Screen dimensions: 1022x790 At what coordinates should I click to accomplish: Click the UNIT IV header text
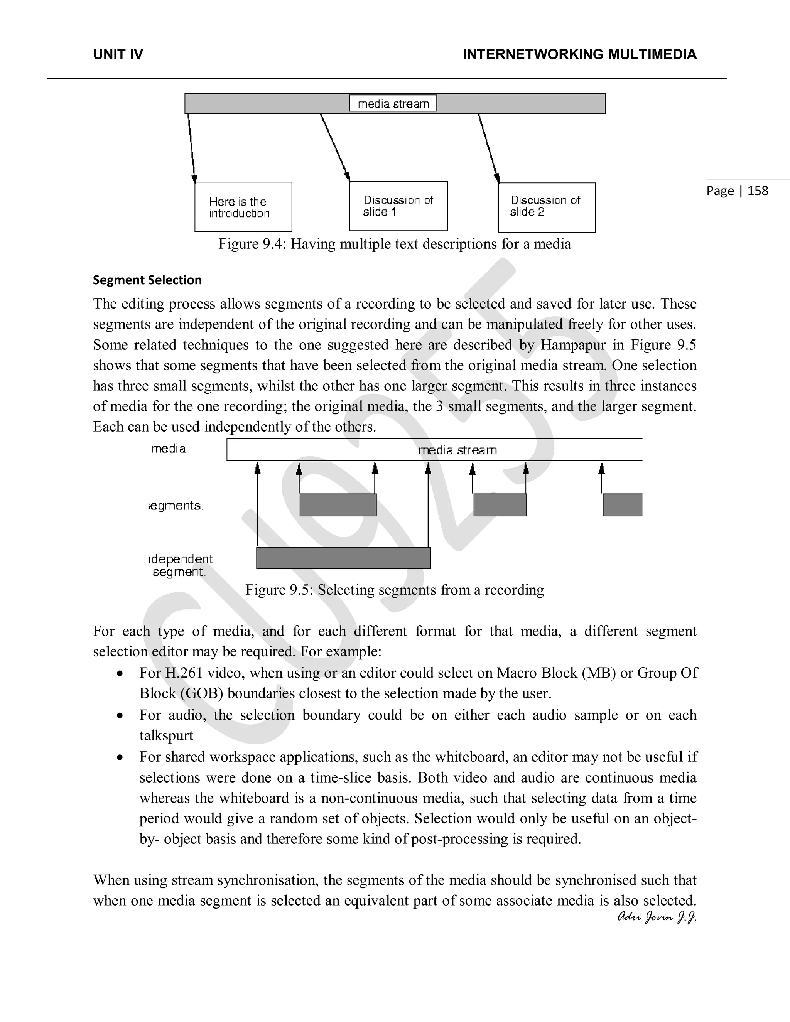(x=118, y=55)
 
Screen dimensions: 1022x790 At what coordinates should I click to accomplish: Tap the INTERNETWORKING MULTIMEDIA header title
(x=579, y=55)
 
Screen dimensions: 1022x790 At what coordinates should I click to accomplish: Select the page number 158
(x=737, y=191)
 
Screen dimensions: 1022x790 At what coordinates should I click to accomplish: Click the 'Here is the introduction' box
(x=243, y=207)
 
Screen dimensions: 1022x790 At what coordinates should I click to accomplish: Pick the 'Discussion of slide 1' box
(x=398, y=206)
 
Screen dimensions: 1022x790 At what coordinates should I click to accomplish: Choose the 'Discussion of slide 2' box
(x=547, y=207)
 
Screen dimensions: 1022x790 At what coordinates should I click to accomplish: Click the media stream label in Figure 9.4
(x=393, y=103)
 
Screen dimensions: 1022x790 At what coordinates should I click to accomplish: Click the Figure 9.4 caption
(x=395, y=244)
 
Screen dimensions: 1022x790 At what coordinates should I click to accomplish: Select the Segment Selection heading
(x=147, y=280)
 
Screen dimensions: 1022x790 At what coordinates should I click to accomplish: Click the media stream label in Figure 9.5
(x=457, y=450)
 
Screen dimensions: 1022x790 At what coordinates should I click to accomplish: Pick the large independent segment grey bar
(x=344, y=558)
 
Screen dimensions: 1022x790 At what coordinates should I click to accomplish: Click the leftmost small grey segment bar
(x=338, y=505)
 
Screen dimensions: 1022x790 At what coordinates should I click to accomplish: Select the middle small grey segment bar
(x=500, y=505)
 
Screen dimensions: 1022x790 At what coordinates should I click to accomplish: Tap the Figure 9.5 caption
(x=395, y=590)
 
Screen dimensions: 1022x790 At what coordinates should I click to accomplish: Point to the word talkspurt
(x=166, y=735)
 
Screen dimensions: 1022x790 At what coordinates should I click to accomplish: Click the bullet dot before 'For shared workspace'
(x=120, y=757)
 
